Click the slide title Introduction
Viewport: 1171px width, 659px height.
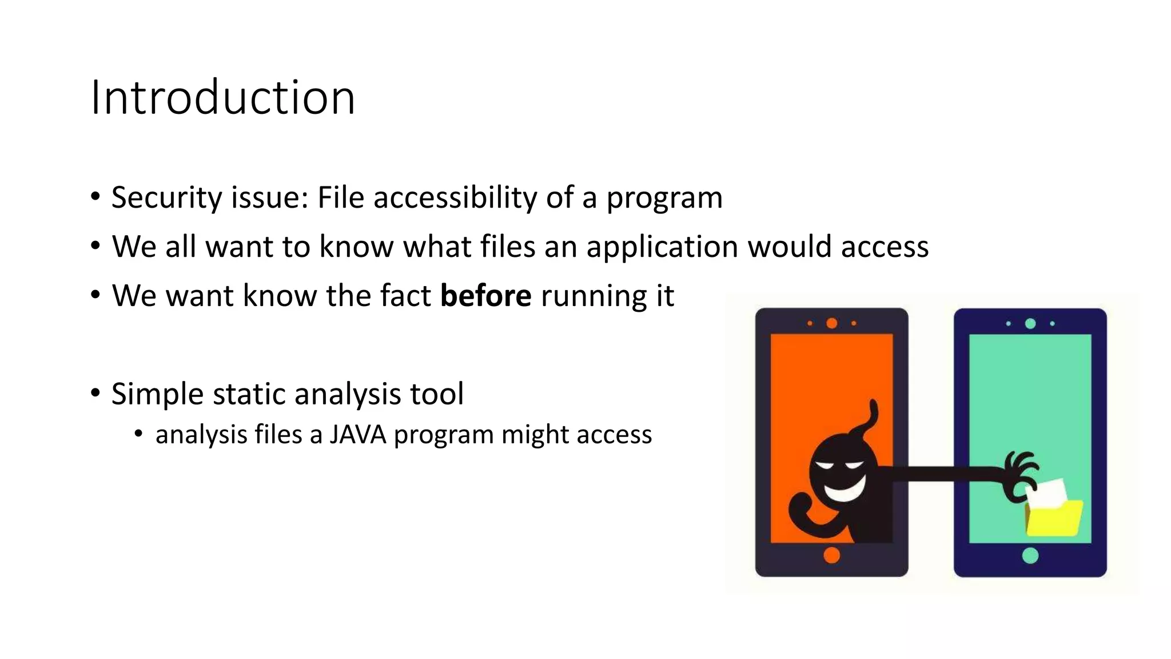click(223, 97)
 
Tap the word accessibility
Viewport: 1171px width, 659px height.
click(455, 198)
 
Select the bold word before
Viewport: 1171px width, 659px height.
click(485, 296)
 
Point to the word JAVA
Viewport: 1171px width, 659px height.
click(358, 435)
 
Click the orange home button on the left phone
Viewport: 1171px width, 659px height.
click(831, 555)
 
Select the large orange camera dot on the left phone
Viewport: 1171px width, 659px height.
click(832, 323)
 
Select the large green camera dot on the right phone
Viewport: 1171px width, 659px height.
click(1030, 324)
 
